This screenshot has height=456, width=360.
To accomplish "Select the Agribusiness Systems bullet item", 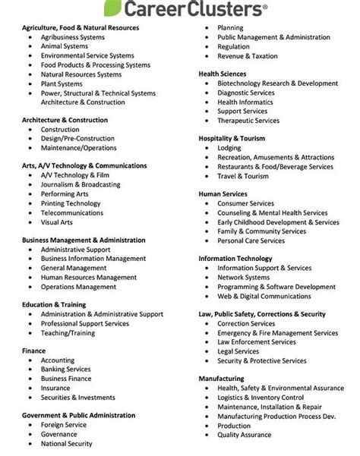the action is tap(73, 36).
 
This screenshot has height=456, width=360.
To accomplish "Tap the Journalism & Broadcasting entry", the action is tap(80, 184).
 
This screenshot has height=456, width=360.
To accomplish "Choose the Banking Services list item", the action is tap(66, 369).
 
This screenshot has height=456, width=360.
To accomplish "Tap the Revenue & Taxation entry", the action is tap(246, 55).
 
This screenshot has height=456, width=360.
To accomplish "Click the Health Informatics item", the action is tap(246, 102).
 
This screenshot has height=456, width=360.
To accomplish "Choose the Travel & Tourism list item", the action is tap(243, 175).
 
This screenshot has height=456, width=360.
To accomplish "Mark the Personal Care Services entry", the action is tap(251, 240).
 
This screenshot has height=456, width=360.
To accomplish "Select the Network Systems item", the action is tap(243, 277).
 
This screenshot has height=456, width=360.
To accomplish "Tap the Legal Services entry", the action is tap(238, 351).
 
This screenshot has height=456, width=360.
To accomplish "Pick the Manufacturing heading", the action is tap(221, 378).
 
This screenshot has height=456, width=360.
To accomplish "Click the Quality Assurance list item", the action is tap(245, 434).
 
